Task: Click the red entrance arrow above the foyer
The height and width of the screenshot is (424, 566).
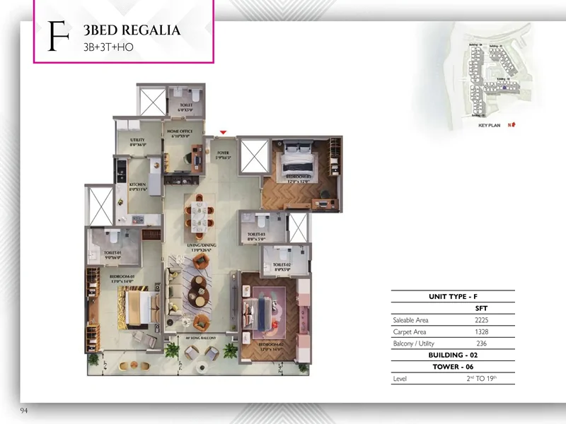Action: [224, 132]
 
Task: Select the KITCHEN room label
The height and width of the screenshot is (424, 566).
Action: [137, 186]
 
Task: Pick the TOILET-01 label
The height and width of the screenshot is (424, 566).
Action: [113, 254]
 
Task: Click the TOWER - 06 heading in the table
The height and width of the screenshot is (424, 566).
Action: [453, 367]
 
